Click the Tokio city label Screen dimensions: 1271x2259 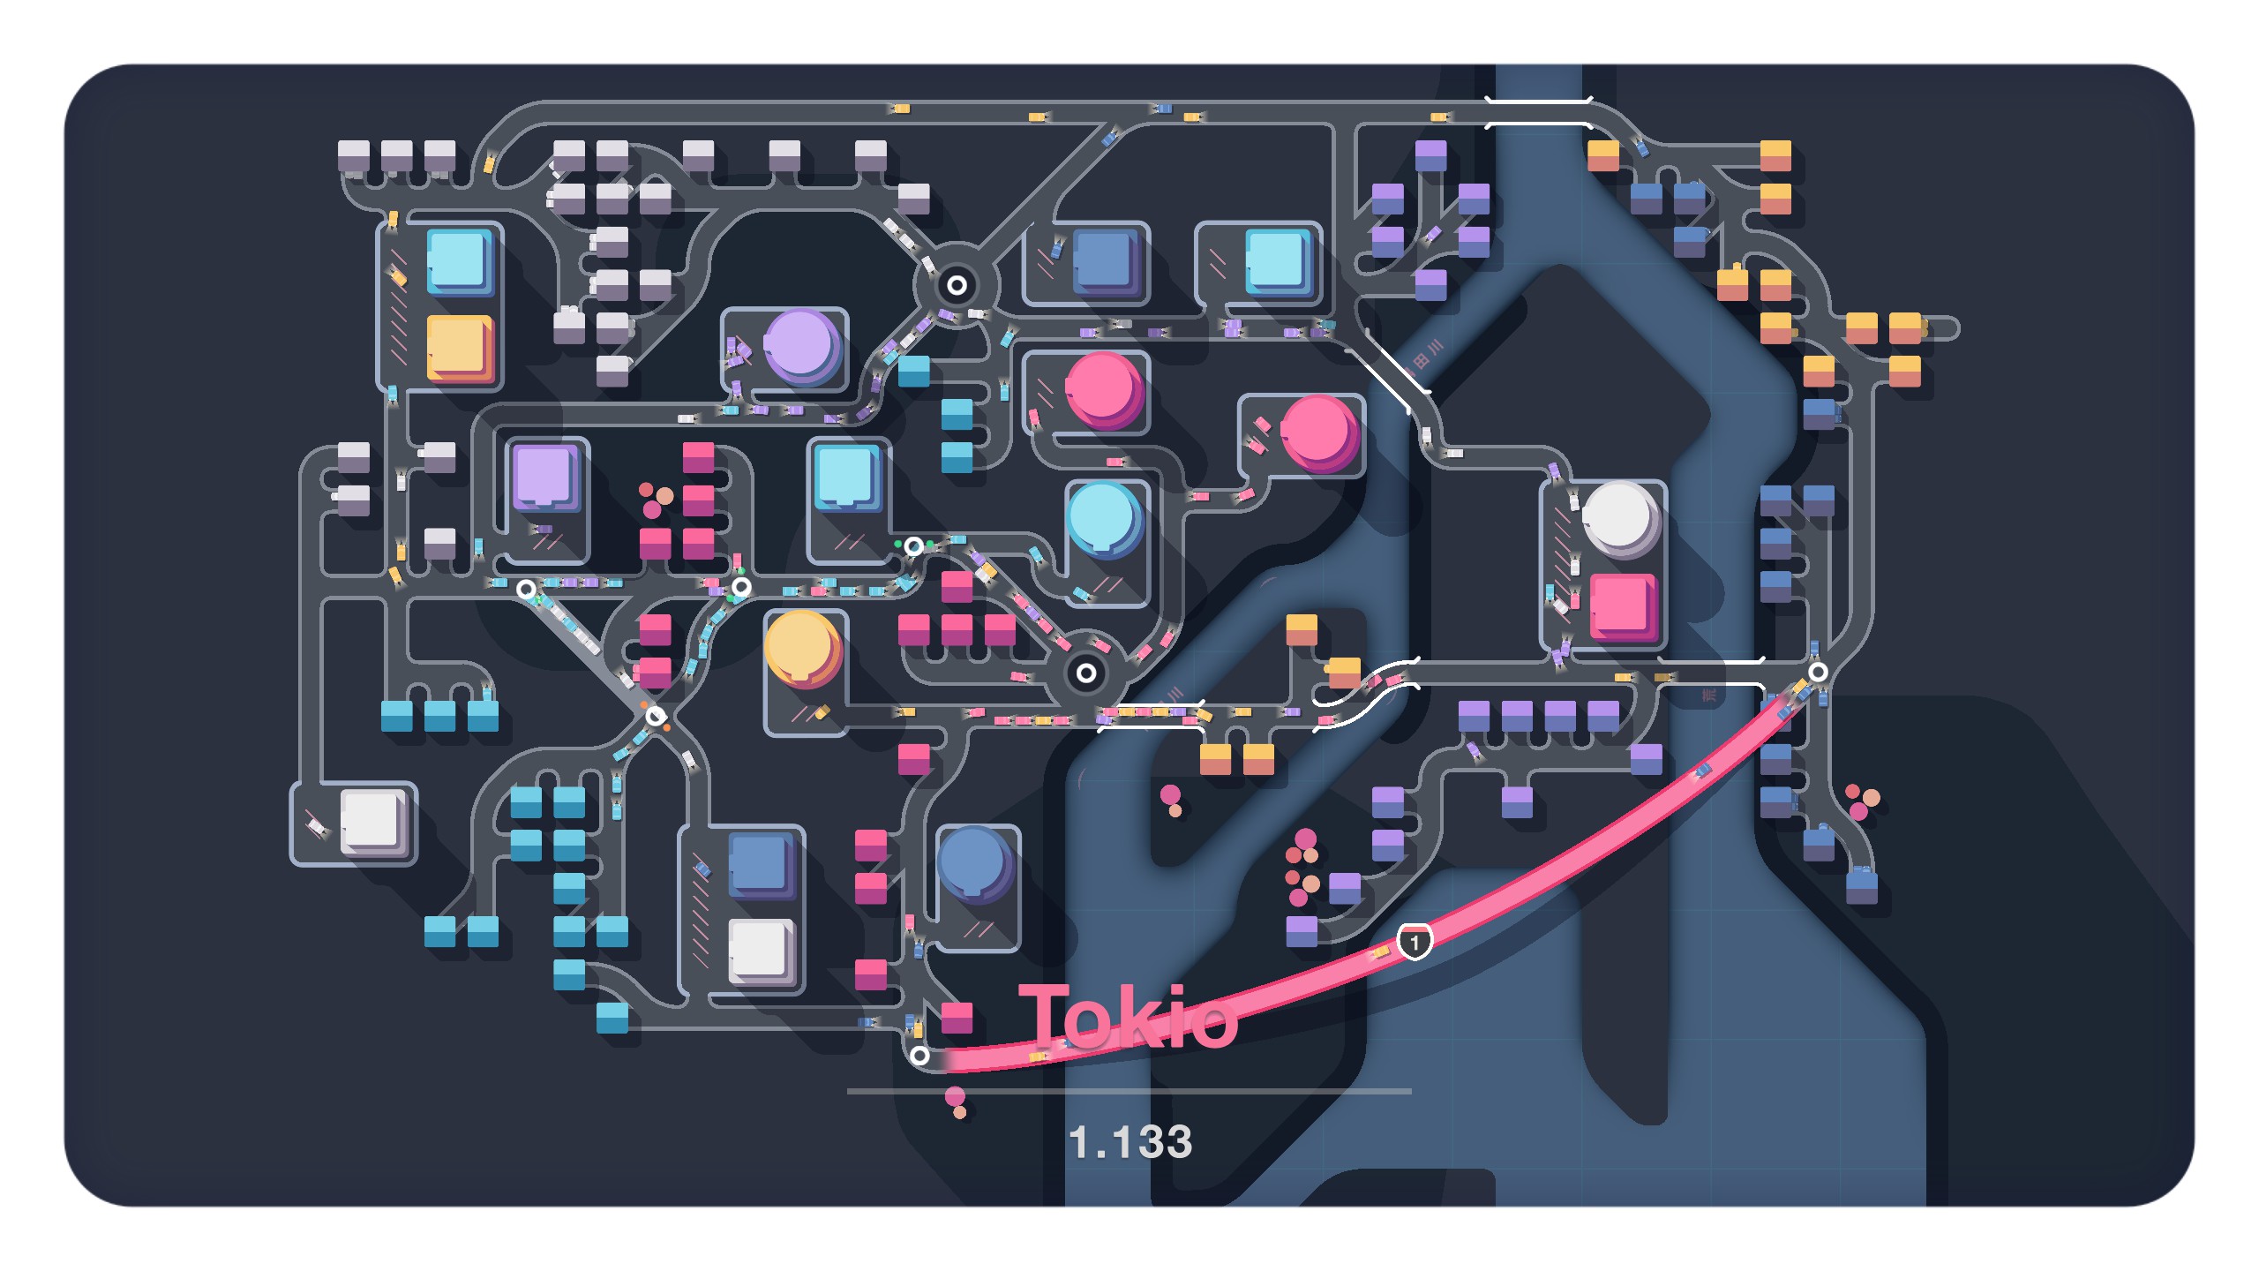[1128, 1018]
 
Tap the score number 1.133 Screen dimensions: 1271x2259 [1130, 1141]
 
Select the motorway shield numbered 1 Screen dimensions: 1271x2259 [1415, 942]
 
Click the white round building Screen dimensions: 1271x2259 [1620, 517]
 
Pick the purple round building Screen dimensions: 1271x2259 [800, 345]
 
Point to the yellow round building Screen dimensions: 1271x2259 [800, 648]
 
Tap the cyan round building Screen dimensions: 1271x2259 [1102, 518]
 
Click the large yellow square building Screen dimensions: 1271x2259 [459, 346]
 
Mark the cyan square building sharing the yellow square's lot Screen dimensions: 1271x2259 [458, 260]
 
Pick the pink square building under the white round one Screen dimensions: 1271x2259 [1622, 605]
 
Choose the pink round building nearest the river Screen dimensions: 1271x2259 [1317, 432]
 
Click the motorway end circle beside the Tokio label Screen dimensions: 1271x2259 [919, 1056]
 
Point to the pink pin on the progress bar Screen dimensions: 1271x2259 [955, 1096]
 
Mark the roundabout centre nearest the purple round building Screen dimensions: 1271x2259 [957, 285]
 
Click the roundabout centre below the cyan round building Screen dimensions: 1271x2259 [1086, 673]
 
